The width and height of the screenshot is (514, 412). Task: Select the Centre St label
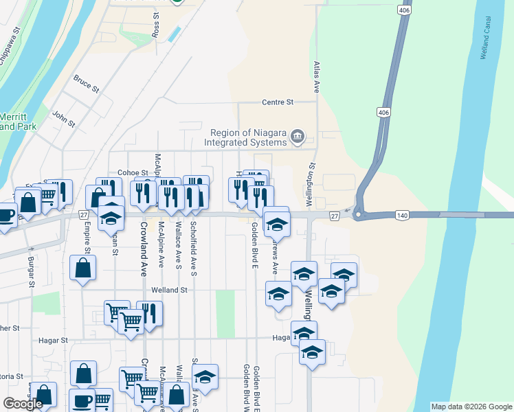(x=278, y=102)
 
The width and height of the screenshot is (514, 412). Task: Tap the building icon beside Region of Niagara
(x=298, y=137)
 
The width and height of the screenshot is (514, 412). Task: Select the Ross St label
(x=156, y=27)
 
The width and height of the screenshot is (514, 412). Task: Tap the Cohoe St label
(x=133, y=172)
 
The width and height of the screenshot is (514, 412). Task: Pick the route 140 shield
(x=403, y=216)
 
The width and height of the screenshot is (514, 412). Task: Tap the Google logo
(x=23, y=404)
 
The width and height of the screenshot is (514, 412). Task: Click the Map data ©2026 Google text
(x=471, y=407)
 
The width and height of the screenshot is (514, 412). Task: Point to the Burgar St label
(x=32, y=271)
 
